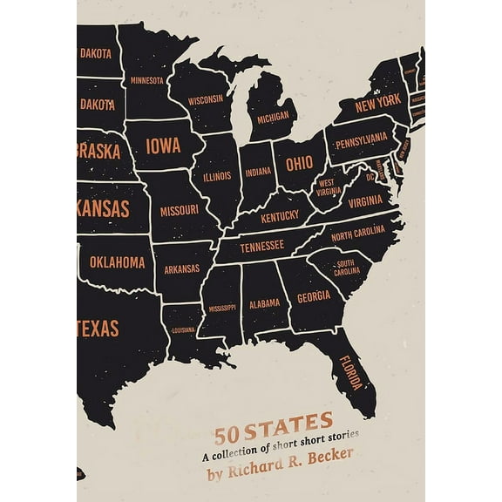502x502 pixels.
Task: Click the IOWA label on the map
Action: pos(163,146)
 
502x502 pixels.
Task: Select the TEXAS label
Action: pos(98,329)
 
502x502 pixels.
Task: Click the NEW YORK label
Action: pos(377,101)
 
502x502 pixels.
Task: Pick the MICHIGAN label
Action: pos(273,116)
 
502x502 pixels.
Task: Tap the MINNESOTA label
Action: pos(146,80)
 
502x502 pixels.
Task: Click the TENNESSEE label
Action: pos(261,247)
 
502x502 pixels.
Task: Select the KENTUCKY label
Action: pos(279,217)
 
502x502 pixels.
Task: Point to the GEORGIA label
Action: pos(313,295)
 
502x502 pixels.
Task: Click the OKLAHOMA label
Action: pos(118,261)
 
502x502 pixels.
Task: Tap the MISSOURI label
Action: pos(179,210)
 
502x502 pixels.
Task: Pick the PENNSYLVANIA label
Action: pos(361,139)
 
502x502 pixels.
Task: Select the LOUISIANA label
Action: pos(182,330)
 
